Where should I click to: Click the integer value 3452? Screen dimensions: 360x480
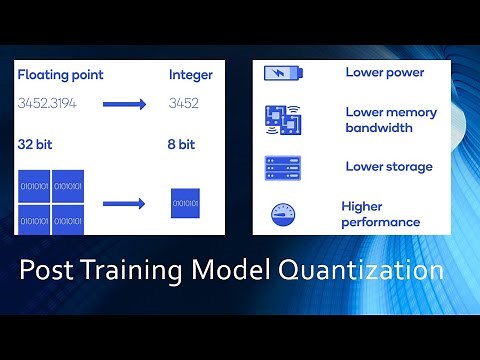point(185,103)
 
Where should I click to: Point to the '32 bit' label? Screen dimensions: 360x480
point(36,144)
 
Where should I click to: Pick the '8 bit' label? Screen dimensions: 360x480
point(183,144)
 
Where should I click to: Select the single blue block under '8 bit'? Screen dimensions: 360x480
point(187,204)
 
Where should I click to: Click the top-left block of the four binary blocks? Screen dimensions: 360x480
point(34,186)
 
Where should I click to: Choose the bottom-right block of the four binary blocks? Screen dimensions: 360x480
point(69,219)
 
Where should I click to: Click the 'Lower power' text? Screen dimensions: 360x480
point(384,72)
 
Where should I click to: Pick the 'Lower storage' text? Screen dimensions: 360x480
point(388,167)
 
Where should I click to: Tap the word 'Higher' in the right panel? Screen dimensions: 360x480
point(362,206)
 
